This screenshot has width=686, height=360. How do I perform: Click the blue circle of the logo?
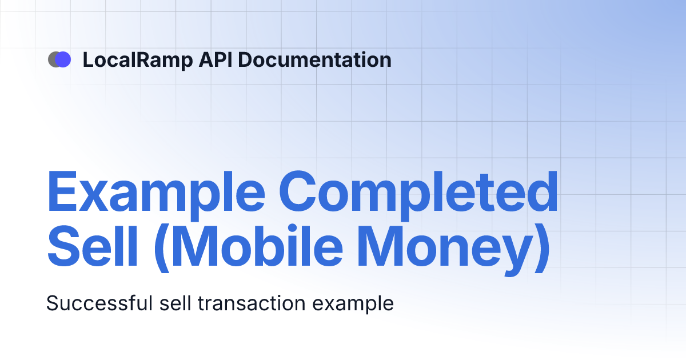click(63, 59)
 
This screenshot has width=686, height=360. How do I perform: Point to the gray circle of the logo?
click(53, 59)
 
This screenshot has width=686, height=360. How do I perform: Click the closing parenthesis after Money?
click(543, 249)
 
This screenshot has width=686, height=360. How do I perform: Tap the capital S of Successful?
click(52, 303)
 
